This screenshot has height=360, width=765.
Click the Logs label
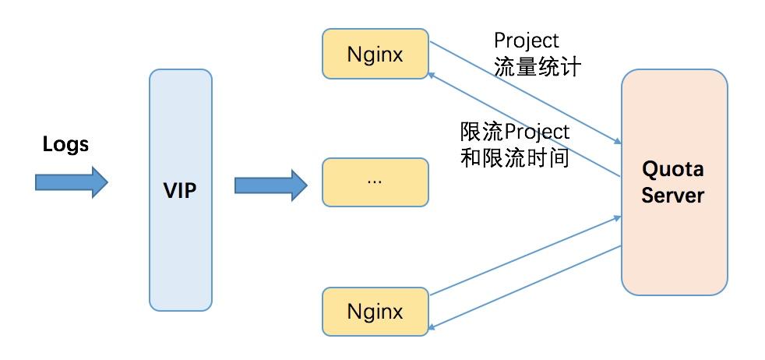click(65, 144)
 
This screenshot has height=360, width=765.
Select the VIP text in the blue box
click(181, 189)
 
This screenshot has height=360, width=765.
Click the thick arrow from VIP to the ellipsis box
click(270, 185)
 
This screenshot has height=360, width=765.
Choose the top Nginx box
click(375, 55)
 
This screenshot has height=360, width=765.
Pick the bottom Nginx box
click(375, 312)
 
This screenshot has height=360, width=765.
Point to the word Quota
click(673, 170)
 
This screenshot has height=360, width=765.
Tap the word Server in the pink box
click(673, 195)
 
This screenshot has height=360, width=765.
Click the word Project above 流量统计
click(527, 41)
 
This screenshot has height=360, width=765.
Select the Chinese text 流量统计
click(537, 67)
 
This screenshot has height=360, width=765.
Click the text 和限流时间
click(515, 158)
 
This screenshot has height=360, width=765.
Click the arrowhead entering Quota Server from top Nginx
click(617, 142)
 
